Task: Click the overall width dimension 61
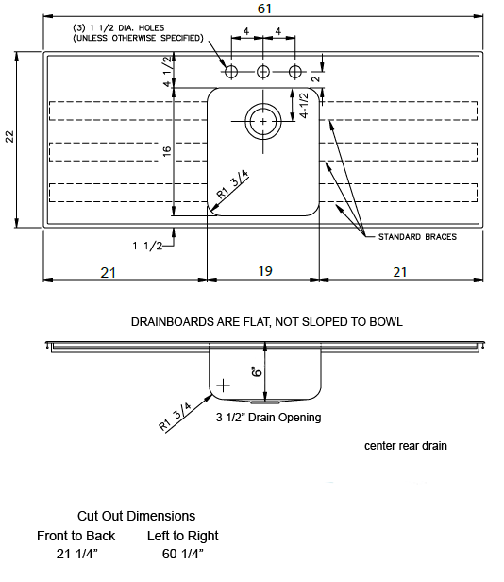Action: click(264, 9)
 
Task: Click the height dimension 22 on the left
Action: click(9, 136)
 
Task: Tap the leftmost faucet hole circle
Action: click(231, 71)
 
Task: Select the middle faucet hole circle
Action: click(263, 71)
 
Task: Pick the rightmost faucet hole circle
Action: click(295, 71)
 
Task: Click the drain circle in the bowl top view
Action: click(263, 121)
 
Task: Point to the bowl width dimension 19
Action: click(265, 271)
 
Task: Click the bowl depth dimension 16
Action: click(167, 151)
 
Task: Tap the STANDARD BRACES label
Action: click(417, 237)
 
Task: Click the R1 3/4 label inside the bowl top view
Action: click(232, 183)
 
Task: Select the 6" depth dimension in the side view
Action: click(257, 371)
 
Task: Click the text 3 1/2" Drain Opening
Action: click(268, 418)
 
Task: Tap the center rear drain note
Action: click(405, 445)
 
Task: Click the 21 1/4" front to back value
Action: click(77, 554)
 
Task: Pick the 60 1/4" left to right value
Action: click(183, 554)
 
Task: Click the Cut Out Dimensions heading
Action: click(136, 516)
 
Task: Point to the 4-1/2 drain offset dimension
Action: click(304, 106)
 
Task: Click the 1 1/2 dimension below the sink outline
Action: click(147, 246)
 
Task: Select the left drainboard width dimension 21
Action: click(109, 273)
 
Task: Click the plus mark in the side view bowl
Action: click(223, 385)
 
